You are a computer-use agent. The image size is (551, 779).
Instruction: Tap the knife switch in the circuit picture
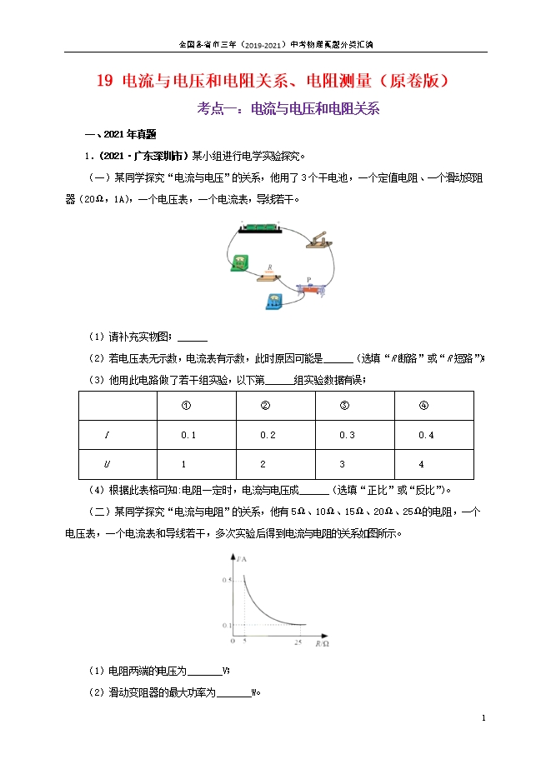click(x=319, y=240)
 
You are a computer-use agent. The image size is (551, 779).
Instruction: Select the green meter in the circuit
click(x=240, y=262)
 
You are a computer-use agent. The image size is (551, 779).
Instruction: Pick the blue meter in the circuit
click(x=273, y=301)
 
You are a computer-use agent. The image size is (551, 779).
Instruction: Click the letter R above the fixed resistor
click(x=268, y=267)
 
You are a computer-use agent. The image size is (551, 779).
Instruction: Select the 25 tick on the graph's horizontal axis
click(x=298, y=640)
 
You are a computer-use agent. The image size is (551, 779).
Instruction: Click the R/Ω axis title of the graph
click(x=320, y=642)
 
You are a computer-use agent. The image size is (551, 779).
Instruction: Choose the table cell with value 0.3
click(x=347, y=436)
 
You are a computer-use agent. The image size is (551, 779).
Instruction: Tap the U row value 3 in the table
click(x=343, y=464)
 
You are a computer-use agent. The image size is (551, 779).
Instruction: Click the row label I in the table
click(x=107, y=436)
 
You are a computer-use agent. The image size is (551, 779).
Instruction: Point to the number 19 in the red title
click(x=104, y=82)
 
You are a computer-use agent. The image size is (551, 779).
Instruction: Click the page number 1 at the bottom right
click(x=483, y=717)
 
